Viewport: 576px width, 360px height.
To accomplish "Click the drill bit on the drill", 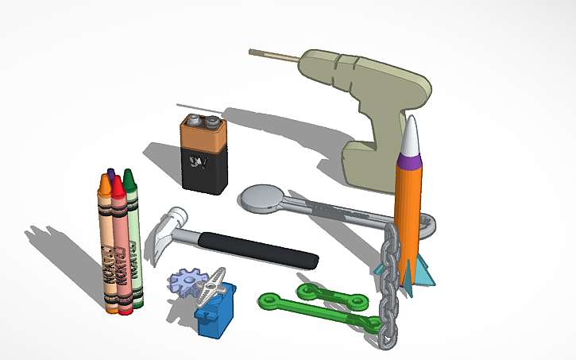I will [274, 56].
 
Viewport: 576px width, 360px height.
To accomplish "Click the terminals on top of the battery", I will [203, 122].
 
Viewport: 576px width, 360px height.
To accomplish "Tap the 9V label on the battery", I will [196, 163].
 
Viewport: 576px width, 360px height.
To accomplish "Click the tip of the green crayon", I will [128, 175].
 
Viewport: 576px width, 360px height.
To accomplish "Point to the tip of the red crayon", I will [117, 183].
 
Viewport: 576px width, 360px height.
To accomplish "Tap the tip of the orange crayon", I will [104, 183].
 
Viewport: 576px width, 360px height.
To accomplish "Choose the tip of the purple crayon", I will [111, 172].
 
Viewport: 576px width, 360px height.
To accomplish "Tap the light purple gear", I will [187, 282].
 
